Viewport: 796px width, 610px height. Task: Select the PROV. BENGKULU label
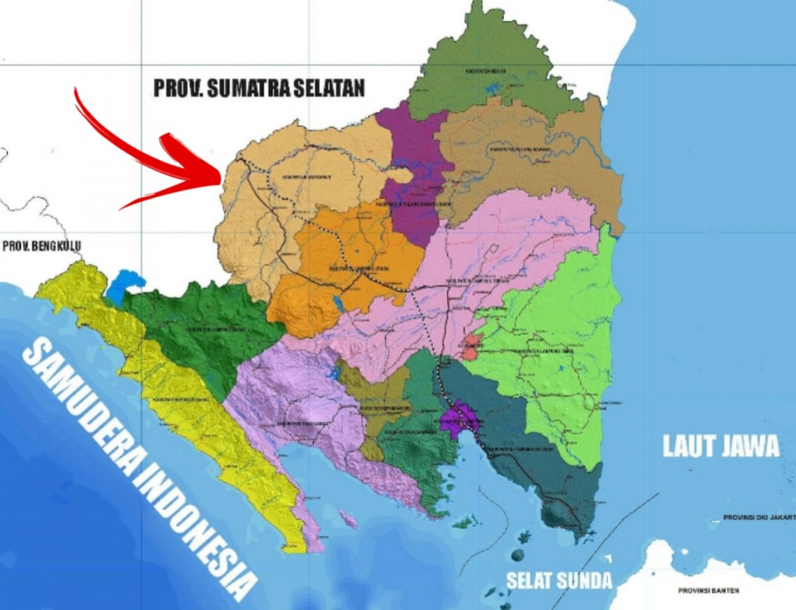(x=42, y=247)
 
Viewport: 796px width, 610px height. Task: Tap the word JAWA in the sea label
(x=750, y=446)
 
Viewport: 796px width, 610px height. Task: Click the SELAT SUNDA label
(x=559, y=580)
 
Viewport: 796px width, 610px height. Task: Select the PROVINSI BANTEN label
(x=709, y=591)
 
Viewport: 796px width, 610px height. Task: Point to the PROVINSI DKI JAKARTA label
(x=758, y=518)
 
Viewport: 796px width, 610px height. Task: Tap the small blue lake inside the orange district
(x=339, y=303)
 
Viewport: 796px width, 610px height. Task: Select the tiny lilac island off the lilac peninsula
(x=345, y=518)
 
